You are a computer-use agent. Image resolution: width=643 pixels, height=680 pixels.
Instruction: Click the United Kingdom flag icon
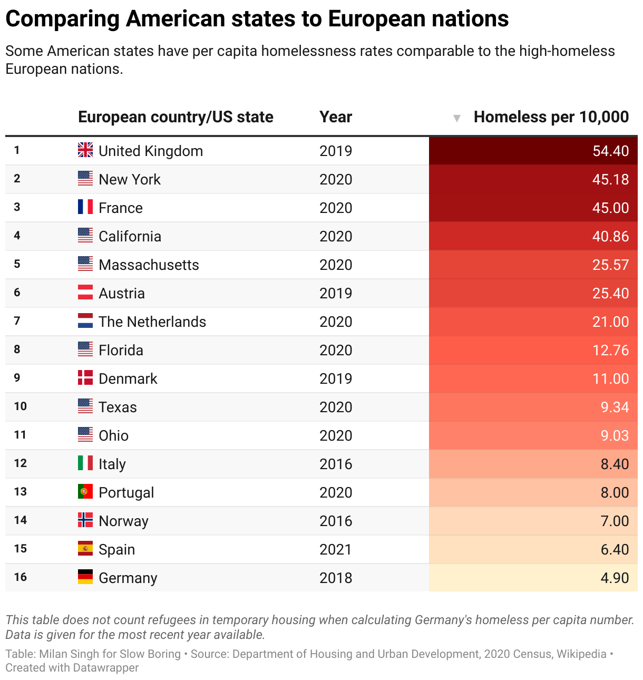pos(85,150)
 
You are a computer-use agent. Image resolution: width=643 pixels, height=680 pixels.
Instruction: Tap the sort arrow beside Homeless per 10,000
pos(457,118)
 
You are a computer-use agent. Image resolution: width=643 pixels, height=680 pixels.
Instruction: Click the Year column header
pos(335,117)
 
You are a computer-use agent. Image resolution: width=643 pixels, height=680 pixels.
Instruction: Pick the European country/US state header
pos(176,117)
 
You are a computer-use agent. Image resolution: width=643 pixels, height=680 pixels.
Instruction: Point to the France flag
pos(85,207)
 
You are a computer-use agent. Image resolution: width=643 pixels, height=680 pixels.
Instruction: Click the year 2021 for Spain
pos(335,549)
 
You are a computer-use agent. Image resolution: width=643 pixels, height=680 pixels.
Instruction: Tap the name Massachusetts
pos(149,265)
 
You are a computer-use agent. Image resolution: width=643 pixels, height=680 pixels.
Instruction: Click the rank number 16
pos(20,577)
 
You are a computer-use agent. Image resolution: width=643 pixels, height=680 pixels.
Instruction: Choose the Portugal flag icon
pos(85,492)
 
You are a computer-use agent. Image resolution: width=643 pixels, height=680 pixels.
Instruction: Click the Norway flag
pos(85,520)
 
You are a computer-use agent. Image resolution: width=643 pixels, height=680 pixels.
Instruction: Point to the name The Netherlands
pos(152,322)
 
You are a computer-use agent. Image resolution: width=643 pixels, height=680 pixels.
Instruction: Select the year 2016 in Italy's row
pos(335,464)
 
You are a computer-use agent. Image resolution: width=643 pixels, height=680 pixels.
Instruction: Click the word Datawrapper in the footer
pos(105,668)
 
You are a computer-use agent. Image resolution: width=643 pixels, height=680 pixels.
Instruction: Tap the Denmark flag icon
pos(85,378)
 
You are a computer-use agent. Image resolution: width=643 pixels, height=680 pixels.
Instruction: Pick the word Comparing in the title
pos(63,20)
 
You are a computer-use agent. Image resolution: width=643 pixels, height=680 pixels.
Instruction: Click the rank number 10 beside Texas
pos(20,406)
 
